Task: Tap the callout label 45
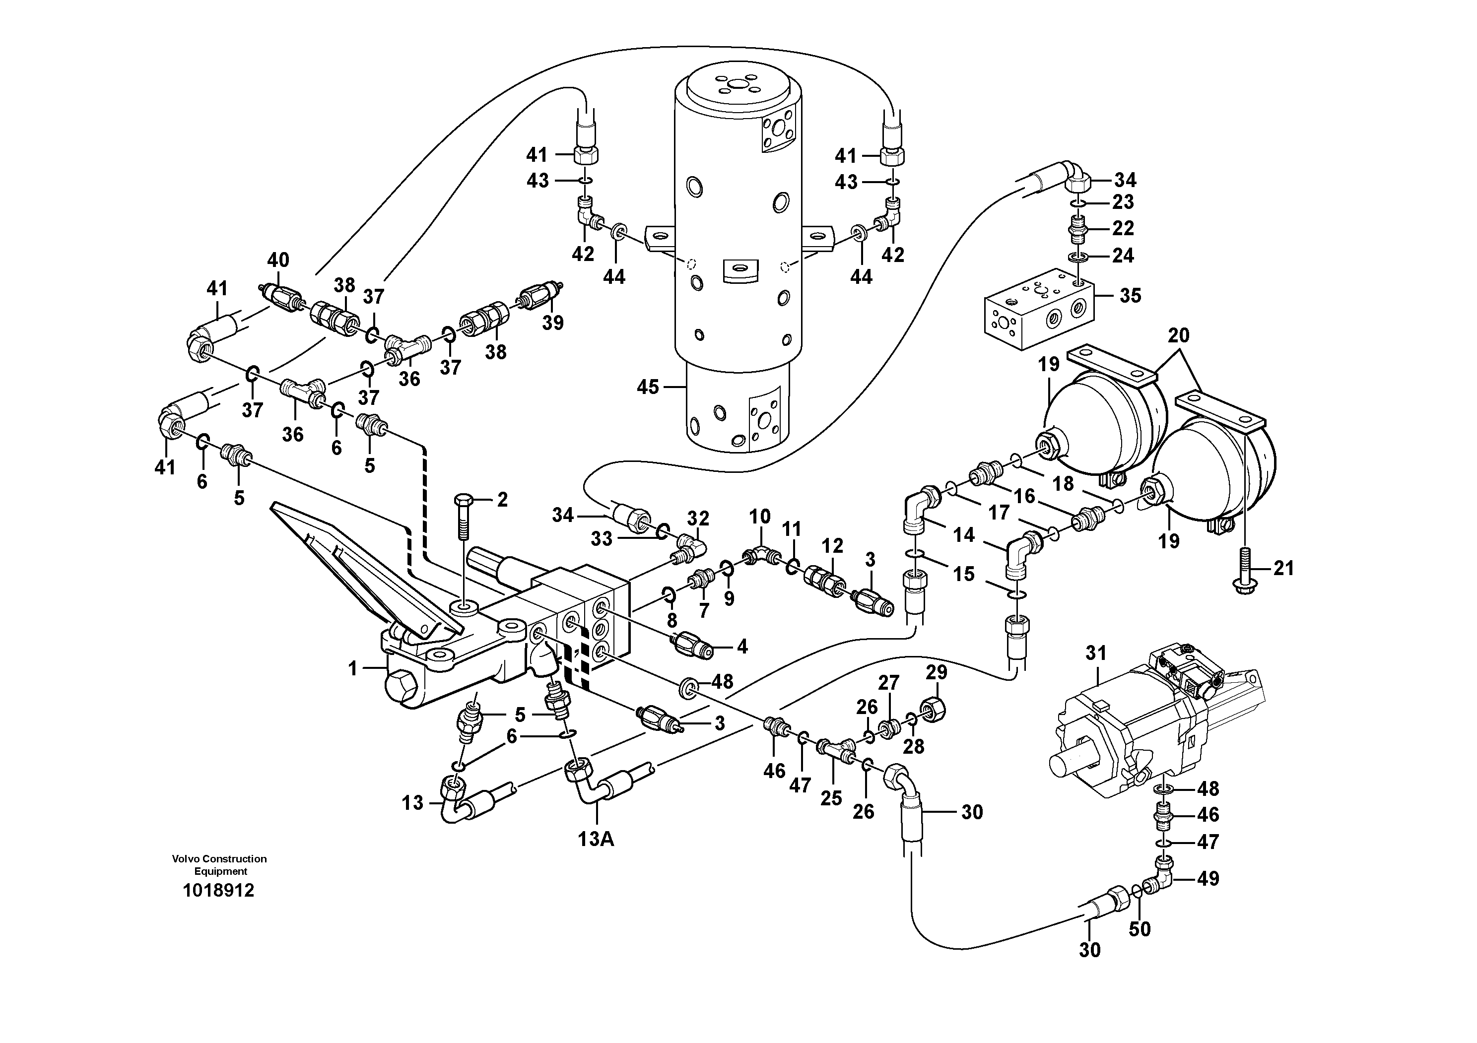point(648,387)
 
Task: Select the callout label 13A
point(596,840)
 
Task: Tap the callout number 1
point(352,669)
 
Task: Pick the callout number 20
point(1179,335)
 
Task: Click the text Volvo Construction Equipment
point(219,865)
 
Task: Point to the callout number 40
point(278,261)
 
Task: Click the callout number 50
point(1140,928)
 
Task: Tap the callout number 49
point(1208,878)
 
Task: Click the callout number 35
point(1130,296)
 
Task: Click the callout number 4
point(742,647)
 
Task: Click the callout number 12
point(832,546)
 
